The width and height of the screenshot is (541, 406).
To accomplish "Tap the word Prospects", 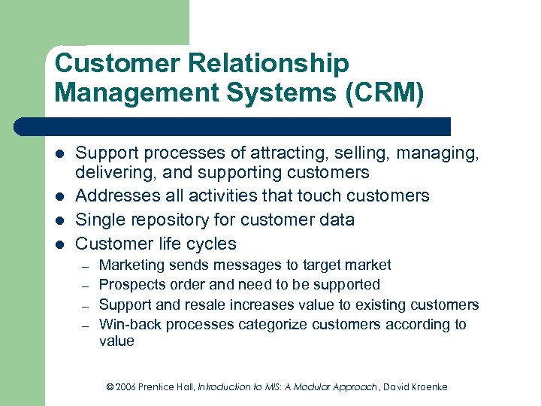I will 129,285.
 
